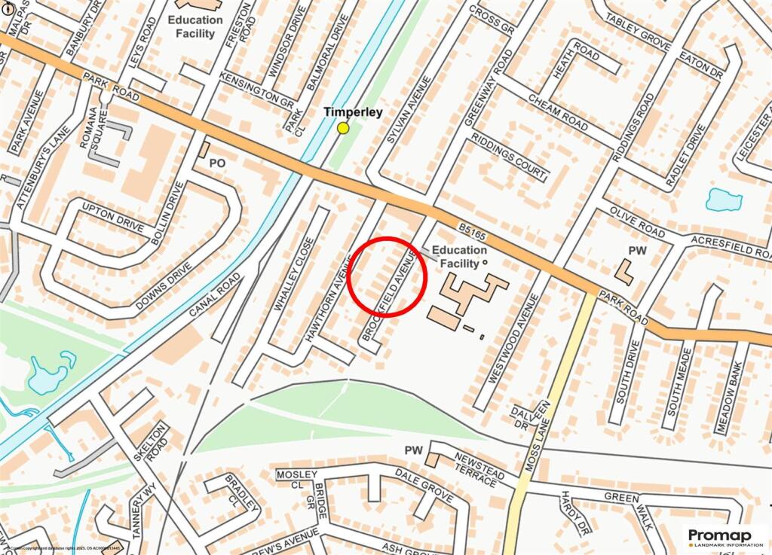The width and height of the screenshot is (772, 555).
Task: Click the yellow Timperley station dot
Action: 343,128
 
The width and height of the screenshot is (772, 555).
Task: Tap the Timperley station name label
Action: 353,112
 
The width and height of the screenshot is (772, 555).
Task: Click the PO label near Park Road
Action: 217,163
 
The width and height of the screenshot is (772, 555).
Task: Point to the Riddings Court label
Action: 508,157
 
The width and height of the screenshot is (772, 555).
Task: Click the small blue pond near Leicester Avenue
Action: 724,200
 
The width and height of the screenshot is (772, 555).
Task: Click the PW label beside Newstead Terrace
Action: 413,450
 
